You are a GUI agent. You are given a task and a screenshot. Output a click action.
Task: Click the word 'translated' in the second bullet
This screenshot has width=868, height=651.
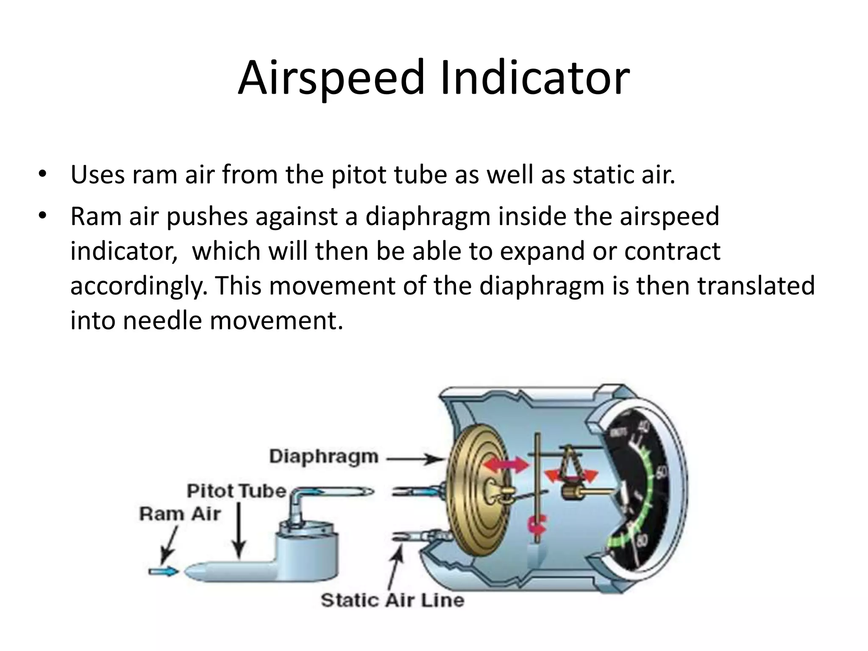(756, 285)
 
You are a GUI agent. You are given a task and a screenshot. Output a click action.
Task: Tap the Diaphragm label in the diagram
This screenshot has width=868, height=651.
(324, 456)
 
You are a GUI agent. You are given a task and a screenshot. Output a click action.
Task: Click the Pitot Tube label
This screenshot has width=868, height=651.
(236, 491)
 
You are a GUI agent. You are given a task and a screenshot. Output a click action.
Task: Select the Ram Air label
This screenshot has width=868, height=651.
(180, 514)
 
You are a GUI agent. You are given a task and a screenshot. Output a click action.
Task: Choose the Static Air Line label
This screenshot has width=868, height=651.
(392, 600)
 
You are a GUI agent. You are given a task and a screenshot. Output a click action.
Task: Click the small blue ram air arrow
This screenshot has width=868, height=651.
(163, 571)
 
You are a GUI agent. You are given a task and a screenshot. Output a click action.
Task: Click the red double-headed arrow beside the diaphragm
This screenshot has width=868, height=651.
(506, 465)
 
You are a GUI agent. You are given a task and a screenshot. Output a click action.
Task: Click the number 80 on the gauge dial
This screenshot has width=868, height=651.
(642, 542)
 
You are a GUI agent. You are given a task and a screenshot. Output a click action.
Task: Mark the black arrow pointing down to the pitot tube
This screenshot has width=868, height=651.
(239, 530)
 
